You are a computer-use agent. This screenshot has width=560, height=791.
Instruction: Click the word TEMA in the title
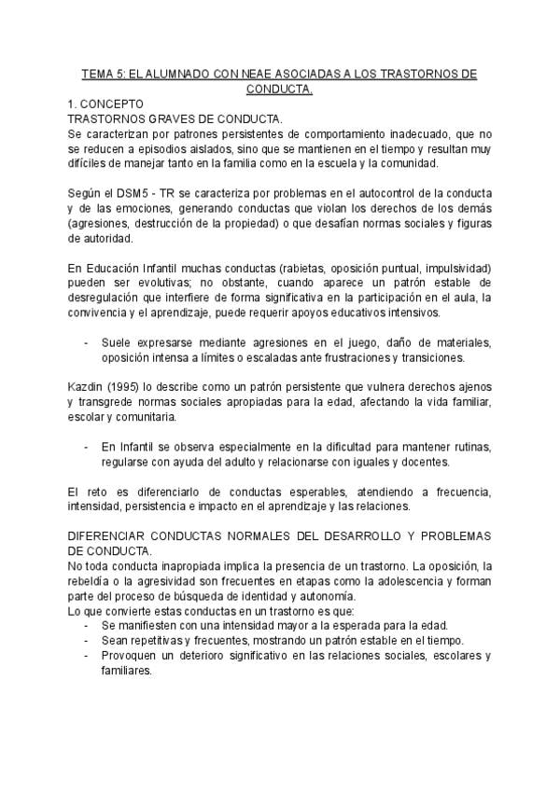[x=98, y=74]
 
